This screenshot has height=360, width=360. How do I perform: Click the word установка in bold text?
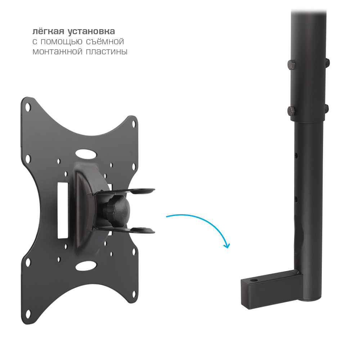pos(91,32)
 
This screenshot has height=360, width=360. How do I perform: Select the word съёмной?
pos(105,41)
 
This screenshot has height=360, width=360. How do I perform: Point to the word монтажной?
pos(57,51)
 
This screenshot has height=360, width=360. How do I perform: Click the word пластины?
pos(107,51)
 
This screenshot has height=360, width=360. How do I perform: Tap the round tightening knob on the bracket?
pos(118,209)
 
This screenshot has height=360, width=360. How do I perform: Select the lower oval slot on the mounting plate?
pos(86,266)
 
